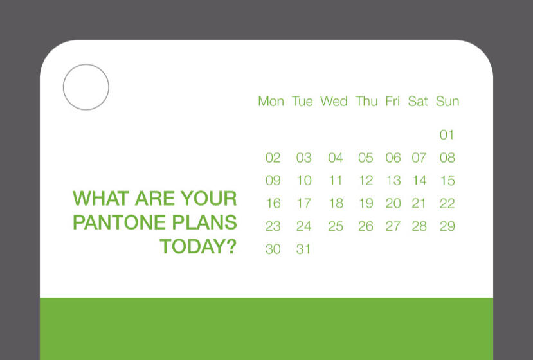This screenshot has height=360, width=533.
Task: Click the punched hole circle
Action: (x=86, y=87)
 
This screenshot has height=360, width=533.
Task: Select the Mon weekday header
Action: (x=271, y=102)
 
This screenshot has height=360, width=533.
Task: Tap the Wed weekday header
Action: (x=334, y=102)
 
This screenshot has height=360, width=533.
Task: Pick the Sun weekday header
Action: (x=447, y=102)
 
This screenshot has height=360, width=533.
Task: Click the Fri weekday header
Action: (x=392, y=102)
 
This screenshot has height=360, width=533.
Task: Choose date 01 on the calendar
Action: (x=447, y=135)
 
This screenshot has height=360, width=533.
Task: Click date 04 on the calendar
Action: (x=336, y=158)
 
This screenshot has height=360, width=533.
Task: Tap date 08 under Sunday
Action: (x=447, y=158)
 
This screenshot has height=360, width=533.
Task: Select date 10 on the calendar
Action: (x=304, y=181)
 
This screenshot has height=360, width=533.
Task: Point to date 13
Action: (x=393, y=181)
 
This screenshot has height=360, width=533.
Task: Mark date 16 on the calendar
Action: (x=273, y=204)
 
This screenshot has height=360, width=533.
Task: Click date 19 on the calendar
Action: (x=366, y=204)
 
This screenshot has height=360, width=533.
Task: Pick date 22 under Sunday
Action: (x=447, y=204)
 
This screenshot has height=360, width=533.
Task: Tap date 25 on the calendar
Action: (x=336, y=226)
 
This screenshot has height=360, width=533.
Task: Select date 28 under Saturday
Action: (x=419, y=226)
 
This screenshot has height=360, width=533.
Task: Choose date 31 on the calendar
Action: (x=304, y=249)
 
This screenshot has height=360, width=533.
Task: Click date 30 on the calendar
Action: (x=273, y=249)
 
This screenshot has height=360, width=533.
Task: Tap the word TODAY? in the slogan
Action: (x=198, y=246)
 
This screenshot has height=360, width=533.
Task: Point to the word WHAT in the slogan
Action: (x=97, y=198)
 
